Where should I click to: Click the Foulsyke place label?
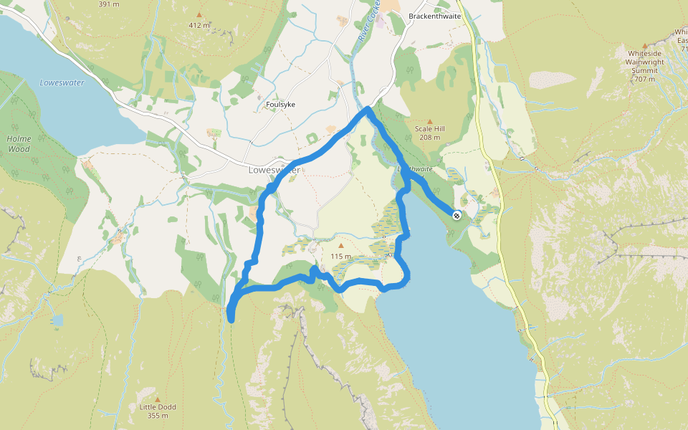coord(280,105)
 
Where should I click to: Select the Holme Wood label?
coord(19,143)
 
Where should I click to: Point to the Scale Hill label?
coord(430,129)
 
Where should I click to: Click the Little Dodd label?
coord(158,407)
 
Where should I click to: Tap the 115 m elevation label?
coord(341,257)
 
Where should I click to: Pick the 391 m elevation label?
coord(108,4)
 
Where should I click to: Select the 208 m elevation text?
coord(430,138)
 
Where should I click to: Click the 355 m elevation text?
coord(158,416)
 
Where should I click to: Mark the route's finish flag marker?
coord(457,214)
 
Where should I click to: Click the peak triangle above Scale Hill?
coord(430,121)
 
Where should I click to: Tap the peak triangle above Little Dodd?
coord(158,399)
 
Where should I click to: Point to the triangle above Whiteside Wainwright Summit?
coord(644,45)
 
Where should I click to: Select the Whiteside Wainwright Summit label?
coord(644,62)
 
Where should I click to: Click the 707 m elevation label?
coord(644,79)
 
